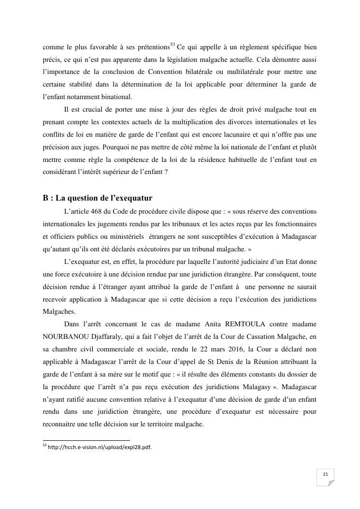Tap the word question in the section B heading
point(89,198)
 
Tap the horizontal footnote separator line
point(86,440)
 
